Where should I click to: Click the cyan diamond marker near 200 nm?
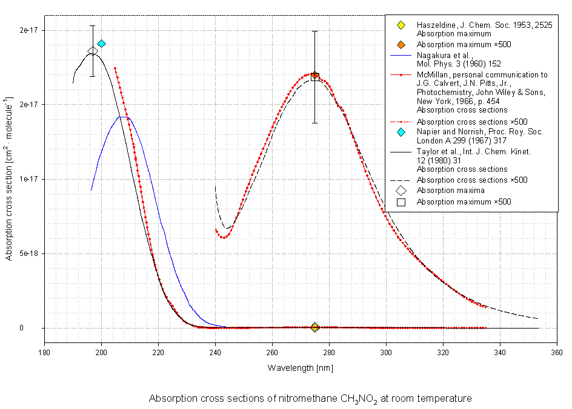tap(101, 44)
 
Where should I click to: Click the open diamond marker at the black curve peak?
tap(92, 51)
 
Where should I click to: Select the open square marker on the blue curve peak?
tap(124, 119)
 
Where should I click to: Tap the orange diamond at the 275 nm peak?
tap(314, 76)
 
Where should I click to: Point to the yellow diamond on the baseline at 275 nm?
tap(314, 327)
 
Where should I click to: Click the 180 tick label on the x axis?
tap(44, 355)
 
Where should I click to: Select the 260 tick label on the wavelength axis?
tap(272, 355)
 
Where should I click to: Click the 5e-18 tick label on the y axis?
tap(28, 254)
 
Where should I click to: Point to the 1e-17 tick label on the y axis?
tap(28, 179)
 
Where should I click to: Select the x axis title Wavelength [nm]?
tap(301, 368)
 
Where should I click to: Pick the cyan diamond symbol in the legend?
tap(401, 132)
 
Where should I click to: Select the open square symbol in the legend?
tap(401, 201)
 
